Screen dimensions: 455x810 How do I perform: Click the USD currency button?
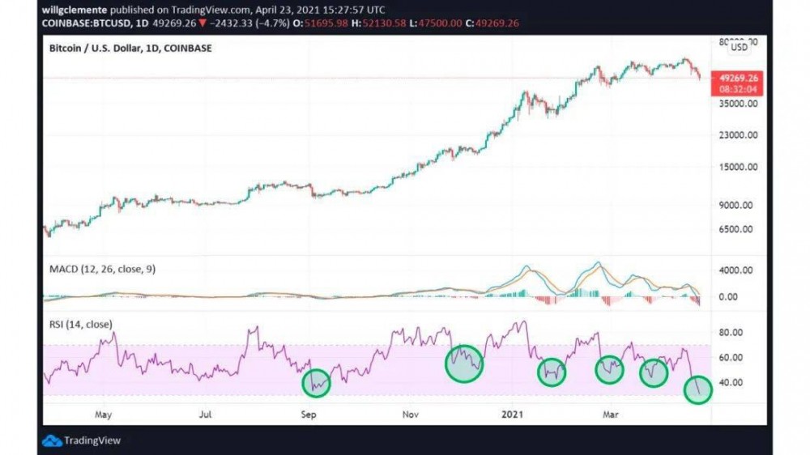pos(740,47)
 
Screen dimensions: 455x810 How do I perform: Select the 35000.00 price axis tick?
pos(737,104)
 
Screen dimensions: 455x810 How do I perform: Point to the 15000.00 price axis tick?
pos(737,167)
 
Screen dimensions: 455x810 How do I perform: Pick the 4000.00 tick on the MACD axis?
pos(737,270)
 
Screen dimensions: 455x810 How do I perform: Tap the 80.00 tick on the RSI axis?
pos(732,332)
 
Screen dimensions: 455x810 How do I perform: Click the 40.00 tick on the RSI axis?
pos(732,382)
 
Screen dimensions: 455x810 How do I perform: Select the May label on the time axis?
pos(103,414)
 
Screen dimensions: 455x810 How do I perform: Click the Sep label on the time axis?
pos(309,414)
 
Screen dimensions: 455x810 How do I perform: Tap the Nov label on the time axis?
pos(411,414)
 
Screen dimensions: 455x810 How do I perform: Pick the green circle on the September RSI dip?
pos(317,382)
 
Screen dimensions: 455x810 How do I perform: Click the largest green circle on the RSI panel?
pos(464,362)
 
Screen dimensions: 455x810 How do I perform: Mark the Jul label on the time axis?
pos(205,414)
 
